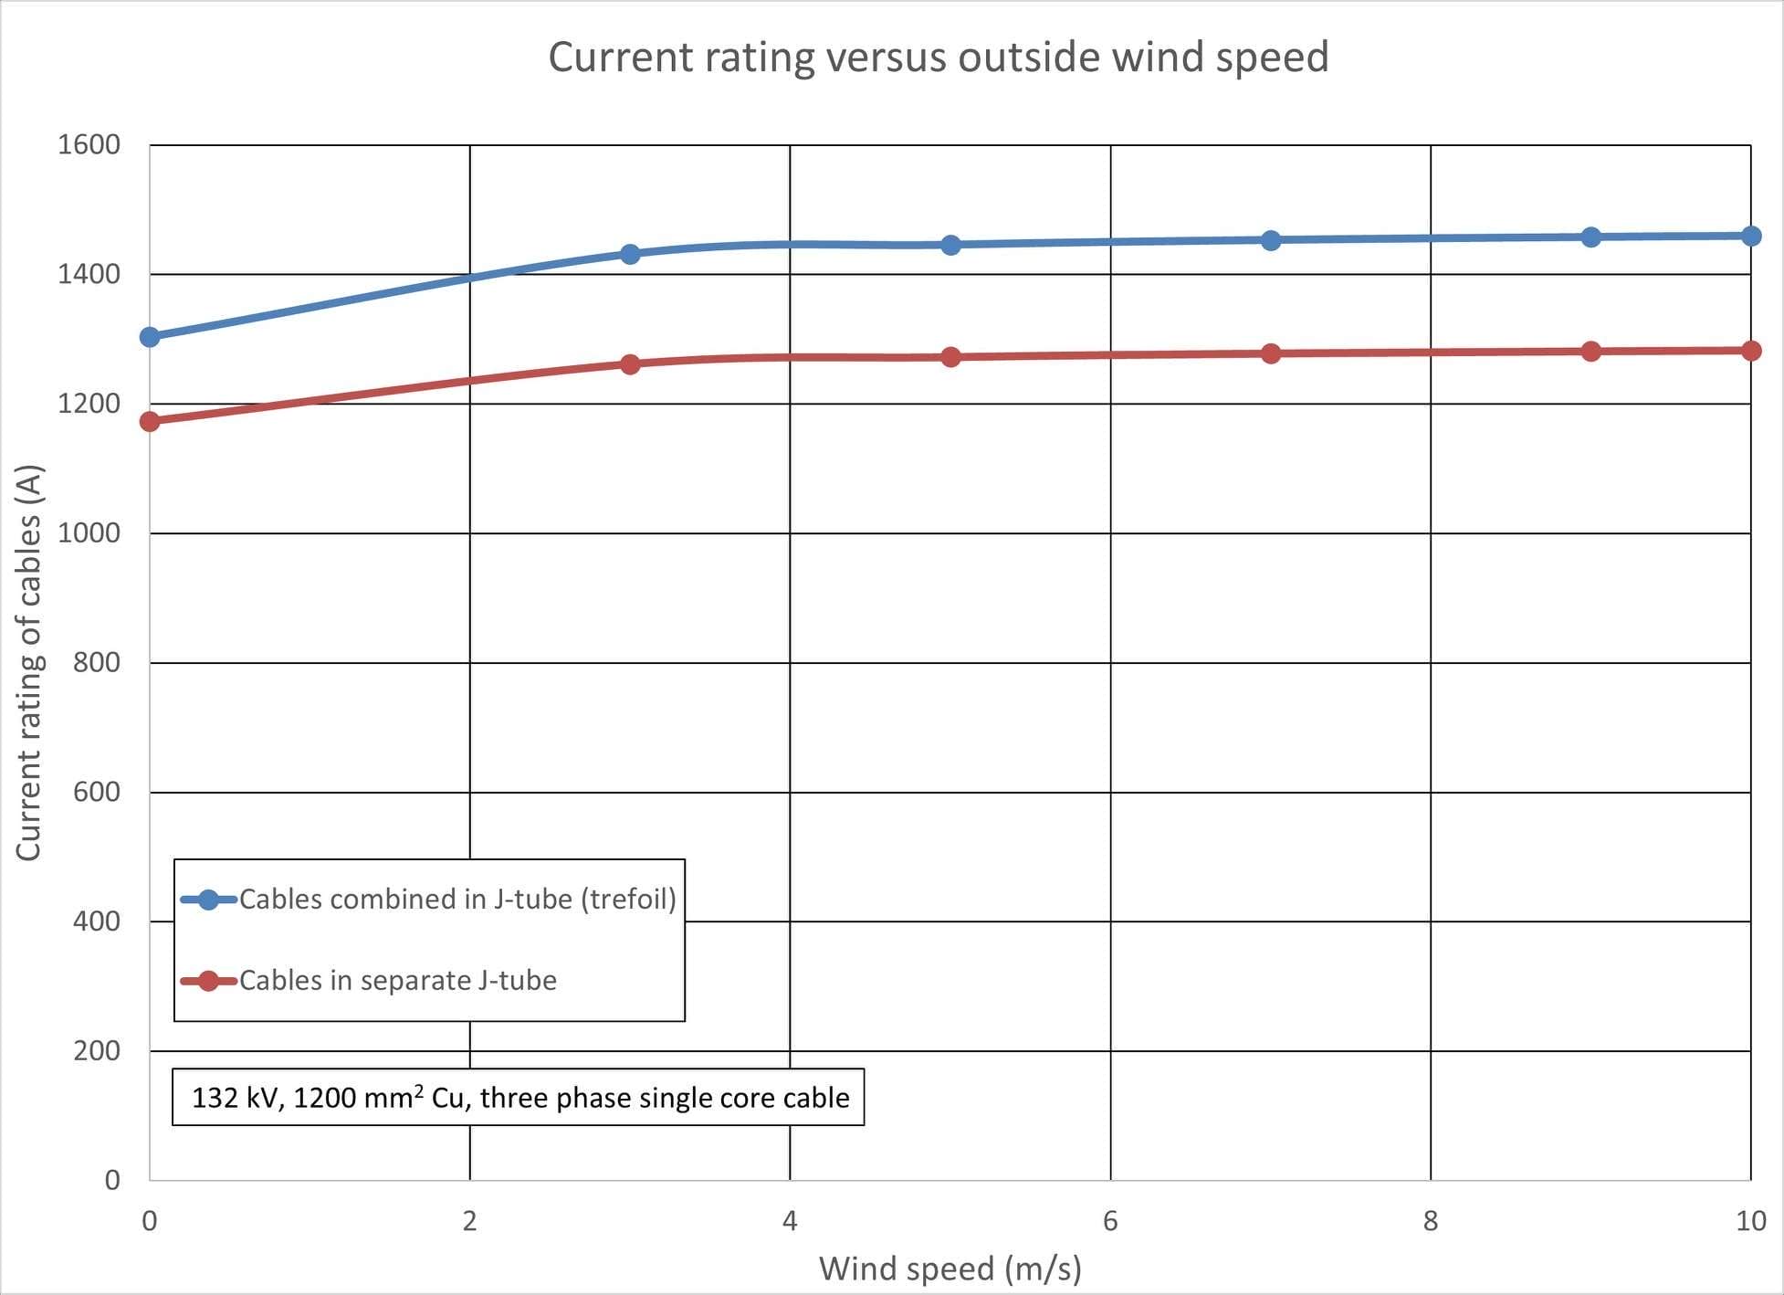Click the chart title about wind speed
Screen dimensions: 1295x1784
pyautogui.click(x=938, y=57)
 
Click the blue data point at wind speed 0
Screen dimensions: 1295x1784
pyautogui.click(x=150, y=337)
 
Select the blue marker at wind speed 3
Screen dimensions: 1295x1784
pyautogui.click(x=630, y=254)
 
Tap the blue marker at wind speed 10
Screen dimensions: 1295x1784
pyautogui.click(x=1751, y=236)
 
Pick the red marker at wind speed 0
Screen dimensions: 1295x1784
pyautogui.click(x=150, y=421)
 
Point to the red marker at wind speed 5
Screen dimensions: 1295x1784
pyautogui.click(x=950, y=357)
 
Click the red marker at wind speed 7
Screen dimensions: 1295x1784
pyautogui.click(x=1271, y=353)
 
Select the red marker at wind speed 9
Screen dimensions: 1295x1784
pyautogui.click(x=1590, y=352)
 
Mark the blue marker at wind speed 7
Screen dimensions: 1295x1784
pyautogui.click(x=1271, y=240)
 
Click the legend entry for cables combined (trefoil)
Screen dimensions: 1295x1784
pyautogui.click(x=457, y=900)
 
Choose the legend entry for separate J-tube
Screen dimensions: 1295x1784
pyautogui.click(x=397, y=981)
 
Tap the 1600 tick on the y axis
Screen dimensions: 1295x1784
pyautogui.click(x=89, y=144)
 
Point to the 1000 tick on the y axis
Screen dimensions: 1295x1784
pyautogui.click(x=89, y=532)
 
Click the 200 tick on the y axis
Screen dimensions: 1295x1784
pyautogui.click(x=97, y=1050)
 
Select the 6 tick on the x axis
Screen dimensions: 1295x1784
pyautogui.click(x=1110, y=1221)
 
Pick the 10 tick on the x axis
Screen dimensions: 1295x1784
pyautogui.click(x=1750, y=1221)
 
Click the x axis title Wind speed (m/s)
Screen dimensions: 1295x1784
pyautogui.click(x=950, y=1269)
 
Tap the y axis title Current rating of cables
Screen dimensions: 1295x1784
pyautogui.click(x=29, y=662)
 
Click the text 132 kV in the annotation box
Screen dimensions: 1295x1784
pyautogui.click(x=236, y=1098)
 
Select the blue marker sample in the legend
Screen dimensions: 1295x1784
pyautogui.click(x=208, y=900)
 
